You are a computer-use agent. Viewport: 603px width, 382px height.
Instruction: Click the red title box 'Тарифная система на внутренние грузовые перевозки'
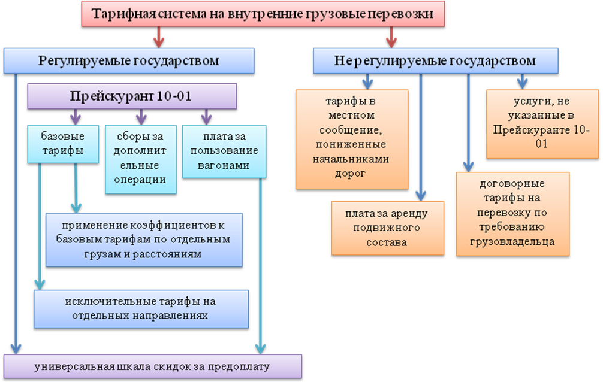[x=263, y=14]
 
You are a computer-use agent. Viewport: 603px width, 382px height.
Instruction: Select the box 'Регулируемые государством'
[x=129, y=60]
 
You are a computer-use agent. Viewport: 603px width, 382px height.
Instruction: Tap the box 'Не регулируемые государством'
[x=436, y=60]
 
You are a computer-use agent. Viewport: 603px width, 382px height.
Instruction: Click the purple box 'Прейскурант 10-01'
[x=132, y=96]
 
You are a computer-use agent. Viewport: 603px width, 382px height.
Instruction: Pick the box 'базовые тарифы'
[x=63, y=144]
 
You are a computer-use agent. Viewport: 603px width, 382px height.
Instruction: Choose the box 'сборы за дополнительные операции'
[x=141, y=159]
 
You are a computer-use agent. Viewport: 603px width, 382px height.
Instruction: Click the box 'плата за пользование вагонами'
[x=224, y=151]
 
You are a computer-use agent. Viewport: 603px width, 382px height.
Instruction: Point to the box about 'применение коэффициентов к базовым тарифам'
[x=144, y=240]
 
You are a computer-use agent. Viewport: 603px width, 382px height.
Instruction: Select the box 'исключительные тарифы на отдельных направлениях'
[x=141, y=309]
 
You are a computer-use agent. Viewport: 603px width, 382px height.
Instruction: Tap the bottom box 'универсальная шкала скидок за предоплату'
[x=153, y=366]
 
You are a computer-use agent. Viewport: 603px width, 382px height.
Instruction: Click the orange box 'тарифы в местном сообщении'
[x=352, y=140]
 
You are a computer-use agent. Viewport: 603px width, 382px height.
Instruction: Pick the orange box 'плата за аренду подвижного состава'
[x=388, y=228]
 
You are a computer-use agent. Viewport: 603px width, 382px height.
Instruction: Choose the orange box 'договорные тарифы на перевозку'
[x=512, y=214]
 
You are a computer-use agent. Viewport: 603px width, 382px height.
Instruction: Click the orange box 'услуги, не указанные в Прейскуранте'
[x=542, y=124]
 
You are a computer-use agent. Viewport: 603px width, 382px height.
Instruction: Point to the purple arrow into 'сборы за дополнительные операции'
[x=141, y=117]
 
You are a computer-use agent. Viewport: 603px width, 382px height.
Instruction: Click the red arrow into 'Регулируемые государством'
[x=158, y=37]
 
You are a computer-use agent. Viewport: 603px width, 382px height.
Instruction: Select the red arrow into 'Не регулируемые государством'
[x=391, y=37]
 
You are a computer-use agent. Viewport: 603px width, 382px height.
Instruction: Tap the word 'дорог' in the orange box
[x=350, y=173]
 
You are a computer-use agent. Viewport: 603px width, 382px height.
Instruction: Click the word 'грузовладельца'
[x=512, y=242]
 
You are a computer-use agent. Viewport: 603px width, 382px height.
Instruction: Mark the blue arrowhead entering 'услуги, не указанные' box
[x=522, y=85]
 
